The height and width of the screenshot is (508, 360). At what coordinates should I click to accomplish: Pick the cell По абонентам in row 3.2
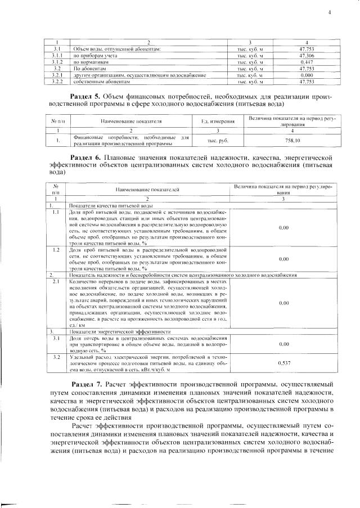coord(90,68)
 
